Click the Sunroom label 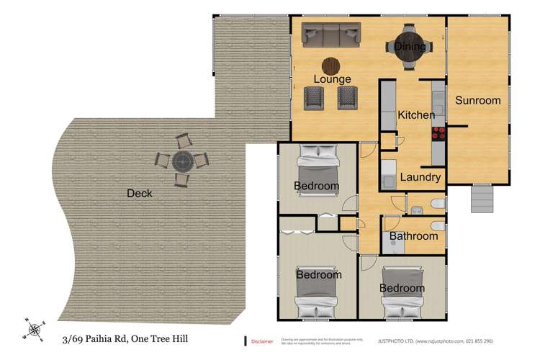pyautogui.click(x=477, y=101)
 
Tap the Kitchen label pyautogui.click(x=416, y=115)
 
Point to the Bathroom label pyautogui.click(x=413, y=236)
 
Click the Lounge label pyautogui.click(x=332, y=79)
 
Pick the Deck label pyautogui.click(x=139, y=193)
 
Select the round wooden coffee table pyautogui.click(x=331, y=66)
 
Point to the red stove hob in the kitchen pyautogui.click(x=438, y=132)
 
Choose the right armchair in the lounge pyautogui.click(x=348, y=97)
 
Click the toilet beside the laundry pyautogui.click(x=436, y=205)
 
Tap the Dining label pyautogui.click(x=410, y=47)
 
